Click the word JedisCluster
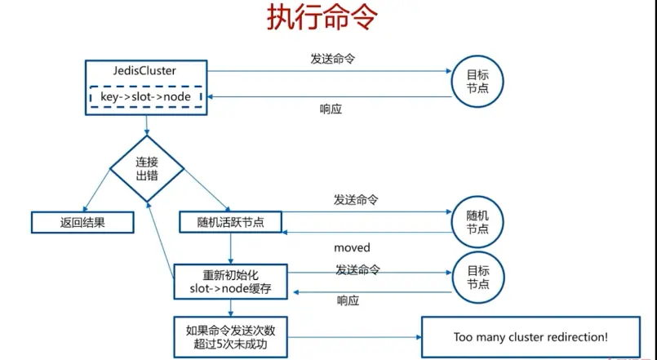click(145, 71)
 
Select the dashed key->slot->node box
click(145, 97)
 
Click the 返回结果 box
click(82, 221)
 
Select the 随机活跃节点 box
click(231, 221)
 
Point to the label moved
click(352, 247)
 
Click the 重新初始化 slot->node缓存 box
click(231, 280)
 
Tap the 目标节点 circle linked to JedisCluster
click(477, 81)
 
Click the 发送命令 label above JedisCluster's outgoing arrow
click(333, 59)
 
